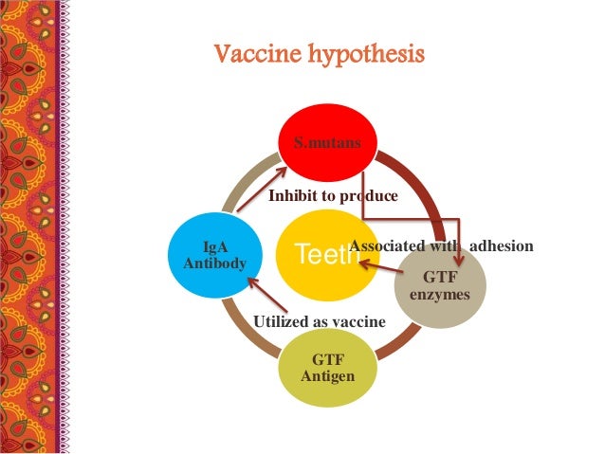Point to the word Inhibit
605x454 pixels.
pyautogui.click(x=292, y=196)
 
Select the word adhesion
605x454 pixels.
pyautogui.click(x=502, y=246)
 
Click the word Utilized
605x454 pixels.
pyautogui.click(x=283, y=322)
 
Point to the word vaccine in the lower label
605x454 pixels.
pyautogui.click(x=358, y=322)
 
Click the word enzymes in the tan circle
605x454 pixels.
pyautogui.click(x=439, y=294)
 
